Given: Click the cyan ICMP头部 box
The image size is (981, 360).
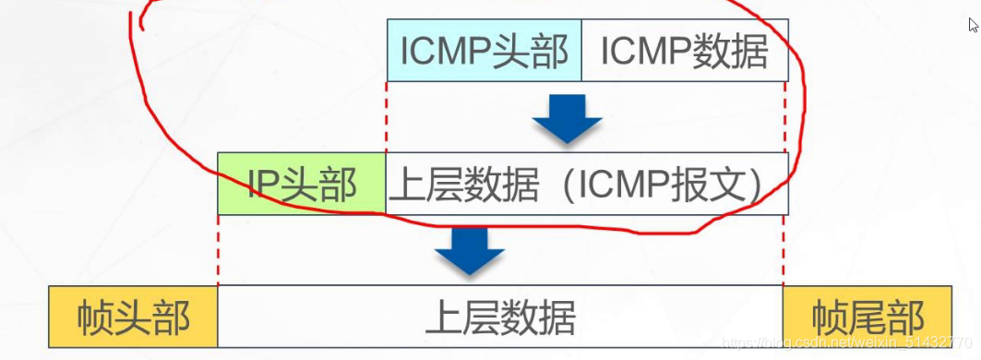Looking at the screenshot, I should [485, 52].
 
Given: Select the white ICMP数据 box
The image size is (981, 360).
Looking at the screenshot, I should [684, 52].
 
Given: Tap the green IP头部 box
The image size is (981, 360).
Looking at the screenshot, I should [302, 185].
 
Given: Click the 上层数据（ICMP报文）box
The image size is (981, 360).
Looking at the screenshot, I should [586, 185].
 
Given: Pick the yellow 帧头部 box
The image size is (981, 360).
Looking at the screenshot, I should [134, 318].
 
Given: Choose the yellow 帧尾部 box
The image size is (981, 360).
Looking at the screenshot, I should [867, 318].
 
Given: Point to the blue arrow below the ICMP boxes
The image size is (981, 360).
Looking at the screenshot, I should [568, 118].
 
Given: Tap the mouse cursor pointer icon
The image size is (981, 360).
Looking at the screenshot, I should [973, 25].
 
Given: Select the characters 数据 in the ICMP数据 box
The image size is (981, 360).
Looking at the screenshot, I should [731, 52].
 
